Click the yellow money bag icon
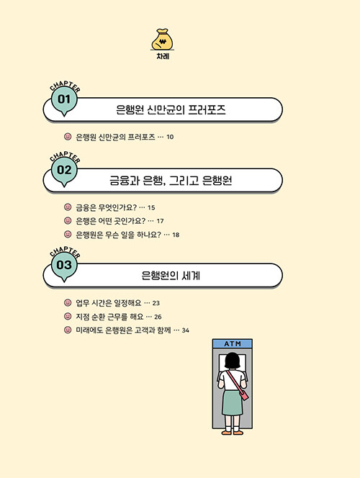coord(163,40)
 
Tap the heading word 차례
coord(163,56)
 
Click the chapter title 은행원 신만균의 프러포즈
coord(171,109)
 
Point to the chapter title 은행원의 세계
coord(171,276)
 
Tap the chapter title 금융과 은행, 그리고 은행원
coord(171,181)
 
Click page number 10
coord(170,137)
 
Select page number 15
coord(151,208)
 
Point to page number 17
coord(160,221)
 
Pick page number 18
coord(176,235)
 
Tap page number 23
coord(156,303)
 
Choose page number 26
coord(158,317)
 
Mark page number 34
coord(185,330)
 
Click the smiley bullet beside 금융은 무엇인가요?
coord(68,207)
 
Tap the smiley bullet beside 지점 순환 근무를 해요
coord(68,317)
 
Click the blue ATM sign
coord(233,343)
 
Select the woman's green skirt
coord(233,402)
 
